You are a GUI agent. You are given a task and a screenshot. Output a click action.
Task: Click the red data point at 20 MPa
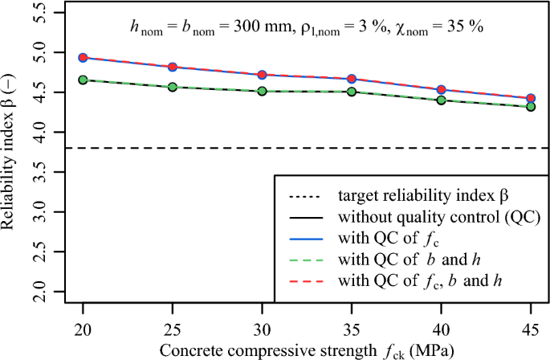(83, 58)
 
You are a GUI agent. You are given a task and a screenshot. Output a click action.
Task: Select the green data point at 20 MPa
(83, 80)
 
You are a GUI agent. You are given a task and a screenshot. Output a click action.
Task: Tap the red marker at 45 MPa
(531, 98)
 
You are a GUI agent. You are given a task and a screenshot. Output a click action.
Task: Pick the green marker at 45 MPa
(531, 106)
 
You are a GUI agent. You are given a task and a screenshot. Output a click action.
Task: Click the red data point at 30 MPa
(262, 75)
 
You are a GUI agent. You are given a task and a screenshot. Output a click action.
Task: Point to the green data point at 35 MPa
(352, 92)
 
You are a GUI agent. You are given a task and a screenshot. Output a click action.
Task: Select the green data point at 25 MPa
(173, 87)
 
